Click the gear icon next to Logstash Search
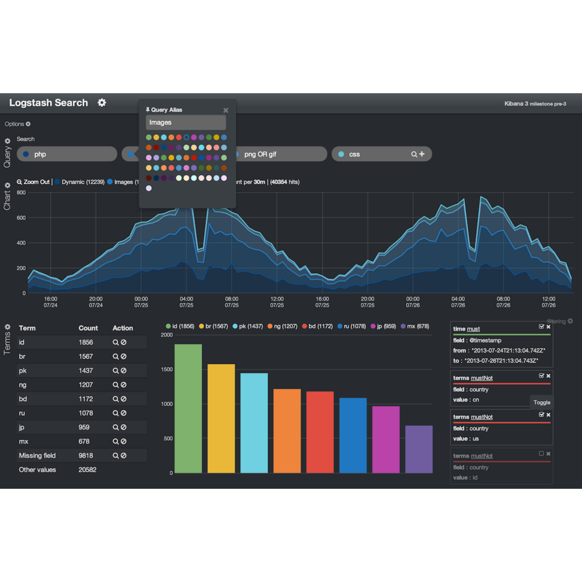coord(102,103)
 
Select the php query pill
coord(40,154)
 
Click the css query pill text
coord(354,154)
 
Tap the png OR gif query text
coord(260,154)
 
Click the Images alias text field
coord(186,122)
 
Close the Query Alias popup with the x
coord(226,110)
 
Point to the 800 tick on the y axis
coord(21,192)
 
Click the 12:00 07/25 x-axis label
coord(277,302)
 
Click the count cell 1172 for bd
coord(85,399)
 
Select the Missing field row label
coord(37,456)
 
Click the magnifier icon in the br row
coord(115,356)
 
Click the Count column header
coord(88,328)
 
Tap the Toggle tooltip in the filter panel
coord(542,402)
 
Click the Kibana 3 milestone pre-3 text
coord(535,104)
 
